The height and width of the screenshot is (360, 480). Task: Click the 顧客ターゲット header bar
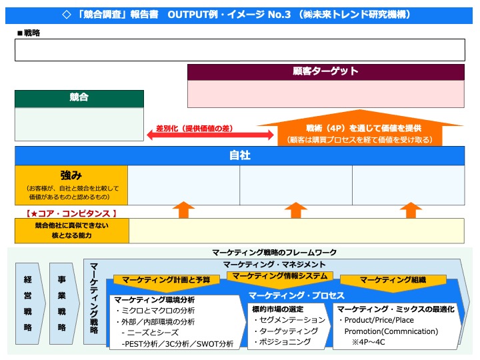(x=326, y=71)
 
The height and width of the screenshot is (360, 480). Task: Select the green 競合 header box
(x=79, y=98)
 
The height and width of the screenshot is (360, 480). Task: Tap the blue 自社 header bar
(x=239, y=155)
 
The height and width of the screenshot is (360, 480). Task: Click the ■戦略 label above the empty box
(x=28, y=33)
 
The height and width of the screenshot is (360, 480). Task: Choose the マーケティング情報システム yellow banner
(x=280, y=275)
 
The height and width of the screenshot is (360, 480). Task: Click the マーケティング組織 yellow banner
(x=393, y=280)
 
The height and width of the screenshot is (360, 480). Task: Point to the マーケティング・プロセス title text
(x=296, y=295)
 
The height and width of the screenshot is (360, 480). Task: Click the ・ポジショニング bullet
(x=281, y=341)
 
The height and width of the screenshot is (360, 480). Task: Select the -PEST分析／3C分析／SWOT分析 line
(x=177, y=344)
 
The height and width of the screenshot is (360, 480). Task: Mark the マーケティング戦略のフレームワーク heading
(x=274, y=252)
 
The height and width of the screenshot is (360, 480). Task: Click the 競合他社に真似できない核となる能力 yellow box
(x=71, y=231)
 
